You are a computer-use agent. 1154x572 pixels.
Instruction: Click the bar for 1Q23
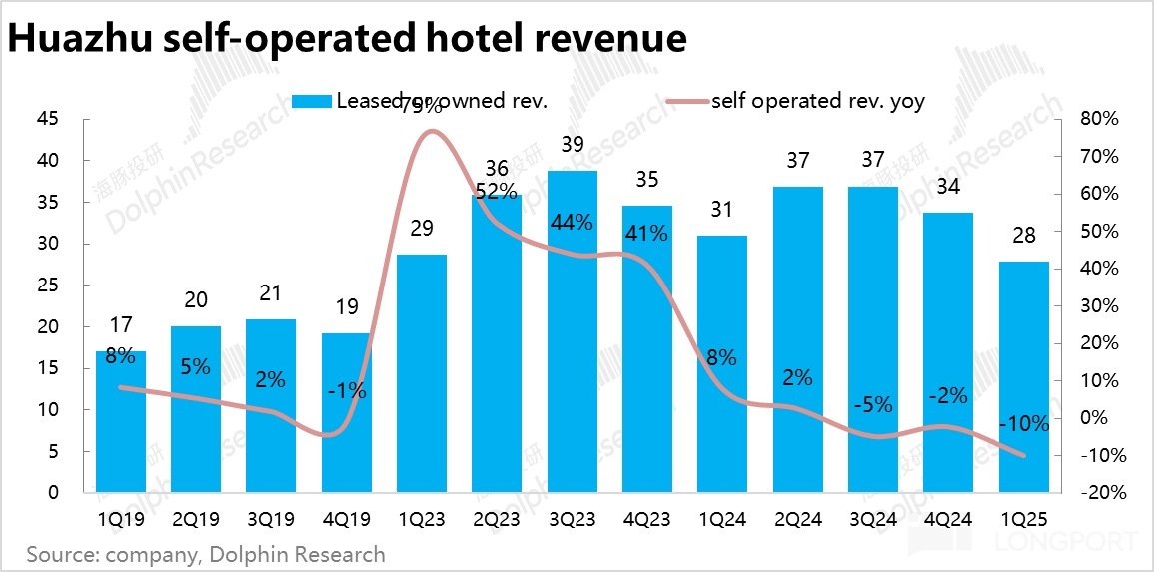(422, 373)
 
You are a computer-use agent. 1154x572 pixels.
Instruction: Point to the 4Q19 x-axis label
(346, 520)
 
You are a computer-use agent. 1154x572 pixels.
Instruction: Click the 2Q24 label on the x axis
(798, 520)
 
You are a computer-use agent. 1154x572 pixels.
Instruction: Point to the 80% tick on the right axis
(1099, 119)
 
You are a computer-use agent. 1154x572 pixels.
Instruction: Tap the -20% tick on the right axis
(1097, 493)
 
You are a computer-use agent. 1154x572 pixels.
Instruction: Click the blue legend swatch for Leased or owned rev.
(311, 101)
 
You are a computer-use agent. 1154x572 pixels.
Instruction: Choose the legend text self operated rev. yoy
(817, 100)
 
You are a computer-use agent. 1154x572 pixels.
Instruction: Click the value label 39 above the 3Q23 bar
(573, 145)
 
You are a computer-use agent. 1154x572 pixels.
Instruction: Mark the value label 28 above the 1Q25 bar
(1024, 236)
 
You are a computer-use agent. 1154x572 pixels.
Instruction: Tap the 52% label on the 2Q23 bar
(497, 191)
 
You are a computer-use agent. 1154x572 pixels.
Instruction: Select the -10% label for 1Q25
(1024, 424)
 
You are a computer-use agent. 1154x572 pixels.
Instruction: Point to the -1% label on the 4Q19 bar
(346, 391)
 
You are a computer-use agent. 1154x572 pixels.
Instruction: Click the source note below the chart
(206, 553)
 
